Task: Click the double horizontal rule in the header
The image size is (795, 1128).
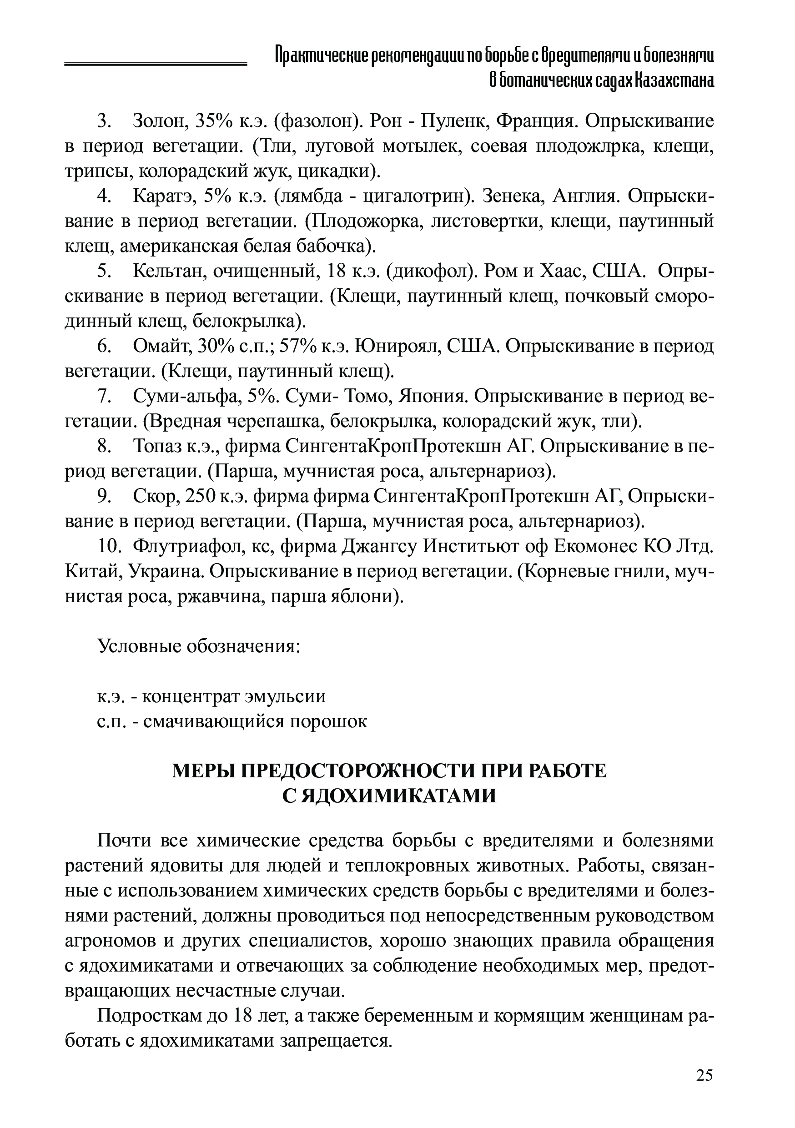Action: [x=155, y=64]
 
